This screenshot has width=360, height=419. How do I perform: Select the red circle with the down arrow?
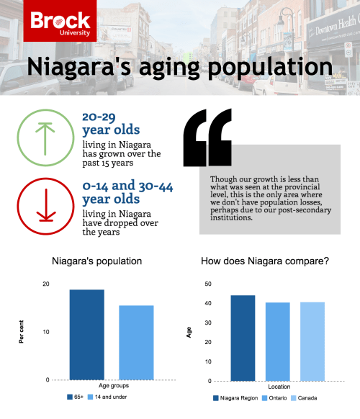pos(45,205)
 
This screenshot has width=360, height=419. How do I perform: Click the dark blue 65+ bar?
pos(86,334)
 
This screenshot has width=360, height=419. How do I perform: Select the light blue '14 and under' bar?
pos(136,342)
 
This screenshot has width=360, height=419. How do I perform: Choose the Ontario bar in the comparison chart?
pos(277,341)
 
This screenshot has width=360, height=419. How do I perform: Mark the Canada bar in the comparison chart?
pos(312,341)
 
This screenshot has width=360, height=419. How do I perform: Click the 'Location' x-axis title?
pos(277,387)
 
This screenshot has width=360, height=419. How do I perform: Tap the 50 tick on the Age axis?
pos(207,284)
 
